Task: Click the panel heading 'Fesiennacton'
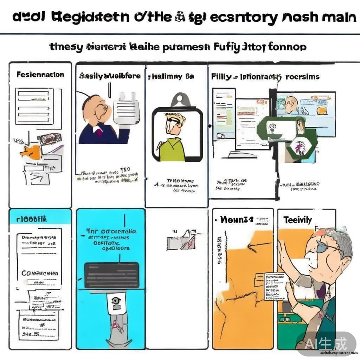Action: click(x=40, y=75)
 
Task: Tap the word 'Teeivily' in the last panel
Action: click(x=297, y=220)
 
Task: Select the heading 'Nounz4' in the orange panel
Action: click(x=236, y=220)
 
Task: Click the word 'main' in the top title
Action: click(x=338, y=17)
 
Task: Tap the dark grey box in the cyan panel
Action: click(x=112, y=275)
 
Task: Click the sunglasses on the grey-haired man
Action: click(x=325, y=248)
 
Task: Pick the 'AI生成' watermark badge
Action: click(x=326, y=343)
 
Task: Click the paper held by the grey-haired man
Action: click(x=276, y=286)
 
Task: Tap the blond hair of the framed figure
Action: click(x=176, y=117)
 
